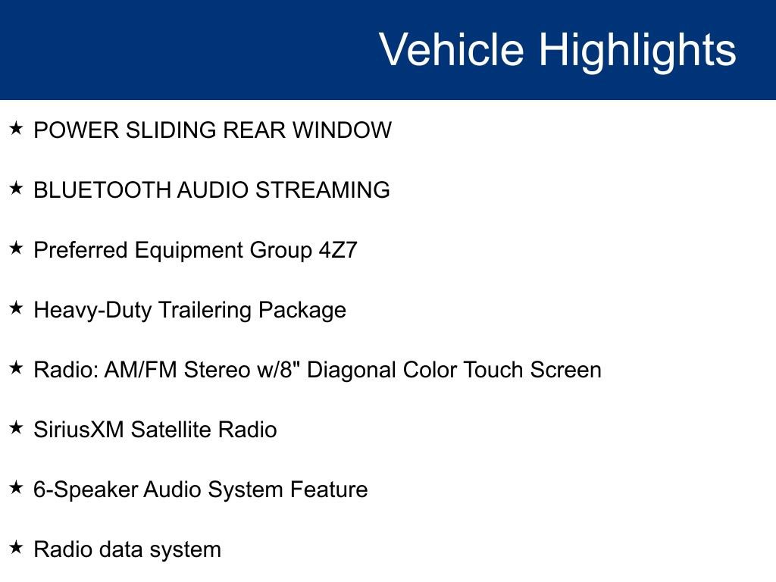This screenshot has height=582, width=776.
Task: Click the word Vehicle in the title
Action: pyautogui.click(x=451, y=50)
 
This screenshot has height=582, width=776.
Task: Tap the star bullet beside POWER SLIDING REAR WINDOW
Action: pyautogui.click(x=16, y=129)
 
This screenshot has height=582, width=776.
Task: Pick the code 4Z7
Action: pyautogui.click(x=337, y=250)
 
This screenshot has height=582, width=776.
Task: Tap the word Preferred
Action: pyautogui.click(x=81, y=250)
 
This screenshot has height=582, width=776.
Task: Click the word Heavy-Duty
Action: pyautogui.click(x=93, y=310)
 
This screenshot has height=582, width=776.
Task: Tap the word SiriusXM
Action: pyautogui.click(x=79, y=430)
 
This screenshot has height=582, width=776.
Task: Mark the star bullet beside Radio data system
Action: pyautogui.click(x=16, y=547)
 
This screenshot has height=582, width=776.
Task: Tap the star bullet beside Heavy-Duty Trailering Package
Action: pyautogui.click(x=16, y=308)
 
